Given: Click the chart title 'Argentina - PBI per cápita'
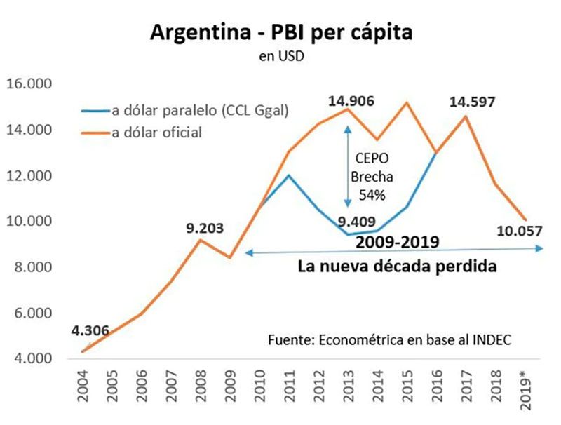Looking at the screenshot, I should coord(280,33).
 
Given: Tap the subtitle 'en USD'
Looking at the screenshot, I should coord(281,57).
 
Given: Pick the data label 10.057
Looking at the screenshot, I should coord(518,229).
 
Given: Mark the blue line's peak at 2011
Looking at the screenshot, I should coord(288,175).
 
